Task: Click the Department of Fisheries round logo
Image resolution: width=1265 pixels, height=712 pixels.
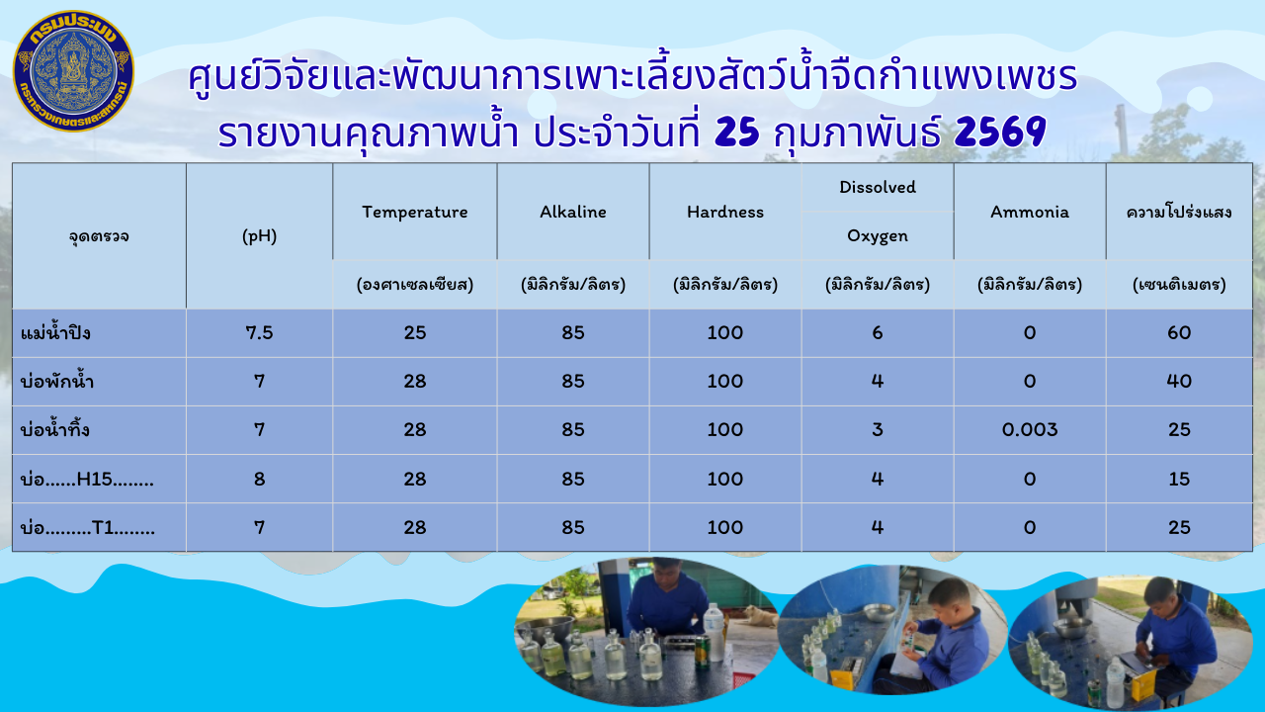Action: pos(73,71)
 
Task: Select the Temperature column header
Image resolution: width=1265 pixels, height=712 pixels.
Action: pos(414,212)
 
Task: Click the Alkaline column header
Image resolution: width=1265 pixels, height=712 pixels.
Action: pos(573,212)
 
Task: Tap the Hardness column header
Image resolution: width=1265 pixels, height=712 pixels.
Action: pos(725,212)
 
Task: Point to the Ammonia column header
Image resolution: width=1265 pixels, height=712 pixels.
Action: pos(1030,212)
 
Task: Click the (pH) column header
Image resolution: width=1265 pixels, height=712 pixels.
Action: pos(259,236)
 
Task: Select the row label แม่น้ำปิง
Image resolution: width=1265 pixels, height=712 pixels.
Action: pos(56,333)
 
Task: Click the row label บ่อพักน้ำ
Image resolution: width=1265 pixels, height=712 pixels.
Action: pos(58,382)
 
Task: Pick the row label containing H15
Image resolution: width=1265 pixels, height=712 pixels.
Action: pos(88,479)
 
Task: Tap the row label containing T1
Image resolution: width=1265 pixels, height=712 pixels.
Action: pos(88,527)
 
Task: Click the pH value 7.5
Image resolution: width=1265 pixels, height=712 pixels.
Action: pos(259,333)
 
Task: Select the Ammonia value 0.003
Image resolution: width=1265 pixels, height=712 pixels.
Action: pos(1030,430)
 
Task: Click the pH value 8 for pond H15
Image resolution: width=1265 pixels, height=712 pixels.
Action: pos(259,479)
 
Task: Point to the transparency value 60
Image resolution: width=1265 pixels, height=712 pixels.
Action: pos(1179,333)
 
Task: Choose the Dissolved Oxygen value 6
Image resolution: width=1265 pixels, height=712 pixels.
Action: pos(878,333)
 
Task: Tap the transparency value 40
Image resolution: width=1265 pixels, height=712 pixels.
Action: pos(1179,382)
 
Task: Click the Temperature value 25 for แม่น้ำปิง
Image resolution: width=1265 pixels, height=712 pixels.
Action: pos(415,333)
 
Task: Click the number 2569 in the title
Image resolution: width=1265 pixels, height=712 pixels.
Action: pos(1000,133)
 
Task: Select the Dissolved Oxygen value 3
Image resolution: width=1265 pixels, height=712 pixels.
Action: pos(878,430)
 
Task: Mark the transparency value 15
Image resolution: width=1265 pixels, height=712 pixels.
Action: pos(1179,479)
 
